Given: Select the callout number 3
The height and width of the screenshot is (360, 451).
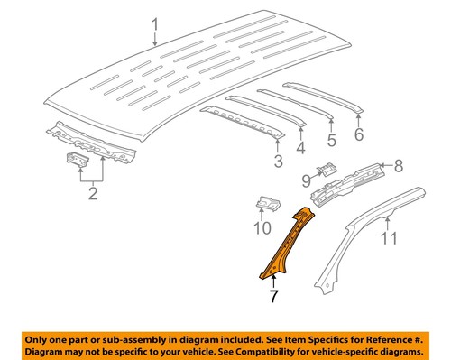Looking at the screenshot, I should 278,161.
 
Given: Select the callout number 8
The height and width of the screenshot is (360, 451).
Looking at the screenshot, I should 399,166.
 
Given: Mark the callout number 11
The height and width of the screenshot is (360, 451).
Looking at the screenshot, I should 388,240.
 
